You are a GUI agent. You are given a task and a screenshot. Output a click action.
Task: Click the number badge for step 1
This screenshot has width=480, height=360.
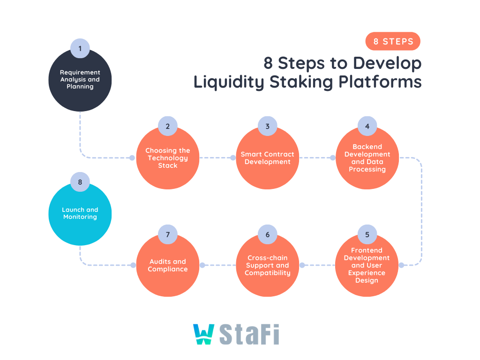pyautogui.click(x=80, y=48)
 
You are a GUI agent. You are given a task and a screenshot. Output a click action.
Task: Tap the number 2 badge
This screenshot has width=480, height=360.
pyautogui.click(x=167, y=126)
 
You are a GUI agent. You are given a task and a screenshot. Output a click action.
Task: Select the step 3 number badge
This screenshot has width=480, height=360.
pyautogui.click(x=268, y=126)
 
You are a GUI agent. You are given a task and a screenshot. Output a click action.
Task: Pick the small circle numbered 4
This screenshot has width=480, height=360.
pyautogui.click(x=367, y=126)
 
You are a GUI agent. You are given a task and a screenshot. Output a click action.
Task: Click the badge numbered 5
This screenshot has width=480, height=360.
pyautogui.click(x=367, y=234)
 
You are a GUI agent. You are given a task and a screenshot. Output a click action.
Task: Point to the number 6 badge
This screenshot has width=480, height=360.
pyautogui.click(x=268, y=234)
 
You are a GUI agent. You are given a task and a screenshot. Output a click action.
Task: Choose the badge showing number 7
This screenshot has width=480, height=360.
pyautogui.click(x=167, y=234)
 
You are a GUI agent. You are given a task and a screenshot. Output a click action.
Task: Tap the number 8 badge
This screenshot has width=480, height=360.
pyautogui.click(x=80, y=182)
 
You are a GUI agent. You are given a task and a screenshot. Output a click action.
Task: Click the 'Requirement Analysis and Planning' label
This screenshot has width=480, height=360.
pyautogui.click(x=80, y=80)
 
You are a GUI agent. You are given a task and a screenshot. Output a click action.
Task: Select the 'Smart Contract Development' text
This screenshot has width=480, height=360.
pyautogui.click(x=268, y=158)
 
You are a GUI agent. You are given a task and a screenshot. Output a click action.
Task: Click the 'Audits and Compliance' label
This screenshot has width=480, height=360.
pyautogui.click(x=167, y=265)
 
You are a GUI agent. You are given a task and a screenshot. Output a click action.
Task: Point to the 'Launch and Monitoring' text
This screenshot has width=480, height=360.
pyautogui.click(x=80, y=213)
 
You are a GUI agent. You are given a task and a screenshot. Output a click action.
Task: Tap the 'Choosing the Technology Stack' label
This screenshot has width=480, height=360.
pyautogui.click(x=167, y=158)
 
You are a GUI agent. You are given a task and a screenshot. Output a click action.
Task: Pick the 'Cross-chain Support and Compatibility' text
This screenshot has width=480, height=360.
pyautogui.click(x=268, y=265)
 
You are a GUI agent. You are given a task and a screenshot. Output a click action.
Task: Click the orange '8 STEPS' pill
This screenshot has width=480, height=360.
pyautogui.click(x=393, y=41)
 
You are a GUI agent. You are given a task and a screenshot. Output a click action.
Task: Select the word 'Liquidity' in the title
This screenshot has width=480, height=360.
pyautogui.click(x=229, y=82)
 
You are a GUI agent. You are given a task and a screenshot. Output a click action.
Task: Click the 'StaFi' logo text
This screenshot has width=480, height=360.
pyautogui.click(x=249, y=334)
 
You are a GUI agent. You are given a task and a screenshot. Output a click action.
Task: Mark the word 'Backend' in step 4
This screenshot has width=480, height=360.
pyautogui.click(x=367, y=147)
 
